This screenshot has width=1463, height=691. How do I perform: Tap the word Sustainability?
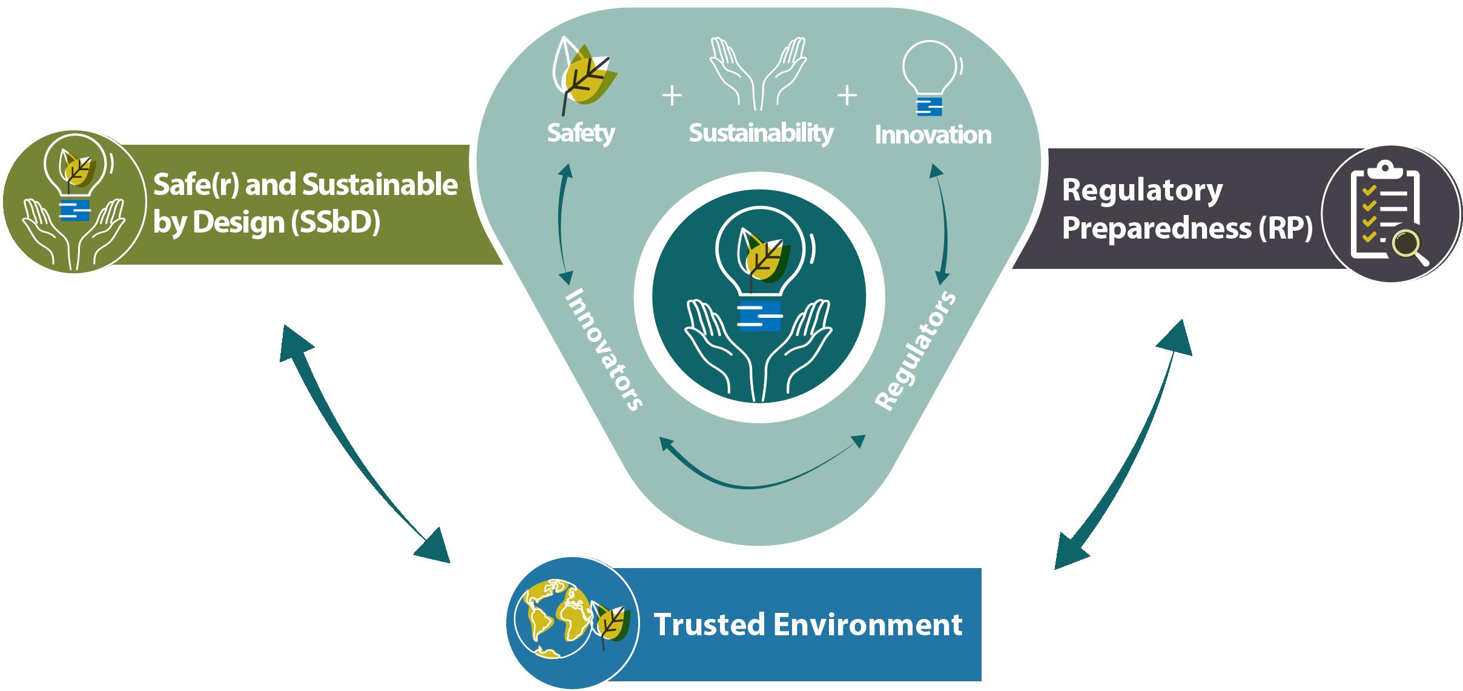tap(761, 133)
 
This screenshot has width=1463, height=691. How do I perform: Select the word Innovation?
tap(933, 135)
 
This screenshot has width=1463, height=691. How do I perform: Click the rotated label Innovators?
tap(603, 349)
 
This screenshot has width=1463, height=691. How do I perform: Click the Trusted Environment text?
tap(808, 624)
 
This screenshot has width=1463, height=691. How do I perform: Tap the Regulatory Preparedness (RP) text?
tap(1187, 210)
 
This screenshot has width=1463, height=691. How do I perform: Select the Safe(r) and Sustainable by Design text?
tap(305, 203)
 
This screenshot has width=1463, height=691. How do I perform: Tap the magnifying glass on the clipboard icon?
tap(1408, 247)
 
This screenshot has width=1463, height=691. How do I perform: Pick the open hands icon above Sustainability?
tap(759, 74)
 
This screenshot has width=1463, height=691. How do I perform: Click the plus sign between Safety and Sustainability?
tap(672, 96)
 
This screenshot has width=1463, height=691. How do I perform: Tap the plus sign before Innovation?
tap(847, 96)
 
